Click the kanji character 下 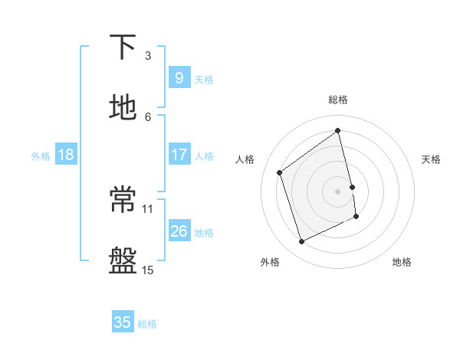tap(123, 48)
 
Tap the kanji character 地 tap(123, 108)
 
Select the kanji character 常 tap(123, 200)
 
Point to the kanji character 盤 tap(123, 261)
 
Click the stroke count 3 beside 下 tap(148, 55)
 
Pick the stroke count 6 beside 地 tap(148, 116)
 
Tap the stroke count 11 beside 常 tap(148, 208)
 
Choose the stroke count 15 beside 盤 tap(148, 270)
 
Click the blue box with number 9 tap(179, 77)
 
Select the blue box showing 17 tap(179, 155)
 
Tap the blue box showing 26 tap(179, 231)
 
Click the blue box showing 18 tap(66, 155)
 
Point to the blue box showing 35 tap(123, 322)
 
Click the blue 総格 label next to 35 tap(147, 324)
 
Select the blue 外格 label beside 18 tap(41, 156)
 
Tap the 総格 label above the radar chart tap(338, 100)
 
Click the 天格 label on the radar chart tap(432, 159)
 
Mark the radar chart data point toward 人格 tap(280, 172)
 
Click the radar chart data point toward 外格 tap(301, 242)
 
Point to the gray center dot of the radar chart tap(338, 191)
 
